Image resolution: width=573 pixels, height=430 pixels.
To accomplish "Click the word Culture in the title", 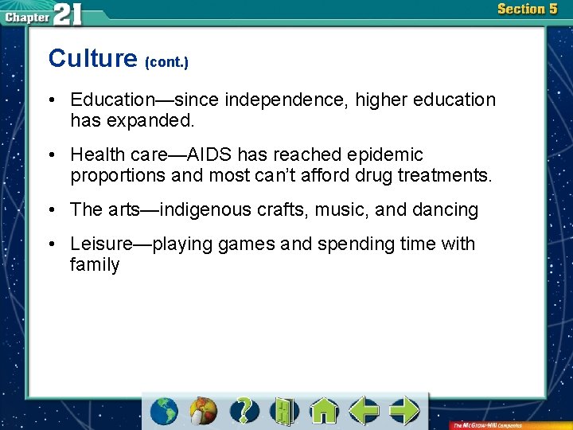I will (92, 58).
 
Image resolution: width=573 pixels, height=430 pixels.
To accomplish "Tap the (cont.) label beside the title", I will (166, 61).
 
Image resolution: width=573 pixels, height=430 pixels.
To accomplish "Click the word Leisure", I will (103, 244).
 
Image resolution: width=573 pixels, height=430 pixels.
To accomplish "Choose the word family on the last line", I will (95, 264).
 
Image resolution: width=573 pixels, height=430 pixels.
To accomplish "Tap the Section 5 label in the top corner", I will (527, 9).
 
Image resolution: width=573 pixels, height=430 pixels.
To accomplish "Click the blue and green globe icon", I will (164, 410).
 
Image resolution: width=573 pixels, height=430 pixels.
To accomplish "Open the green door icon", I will (283, 410).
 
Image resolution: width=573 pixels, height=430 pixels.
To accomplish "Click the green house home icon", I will (324, 410).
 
